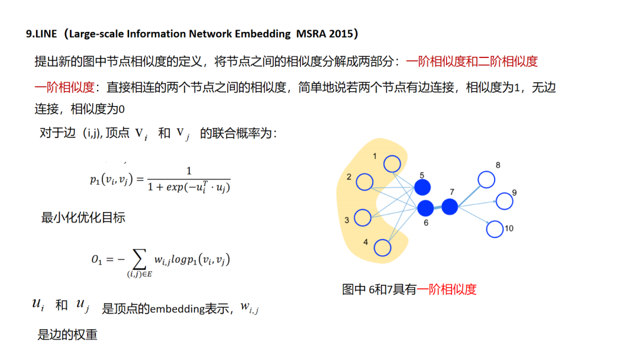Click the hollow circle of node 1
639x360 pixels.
click(392, 163)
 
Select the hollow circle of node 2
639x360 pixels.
click(365, 182)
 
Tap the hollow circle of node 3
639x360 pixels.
click(362, 217)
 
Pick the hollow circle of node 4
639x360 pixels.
click(383, 247)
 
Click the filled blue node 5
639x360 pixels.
click(422, 188)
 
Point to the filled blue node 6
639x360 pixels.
click(425, 208)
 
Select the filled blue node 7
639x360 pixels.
click(450, 207)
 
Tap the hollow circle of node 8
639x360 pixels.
click(486, 179)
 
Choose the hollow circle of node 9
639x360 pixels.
click(504, 201)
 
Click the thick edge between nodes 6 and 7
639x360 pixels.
click(438, 207)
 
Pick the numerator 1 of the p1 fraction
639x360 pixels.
click(189, 171)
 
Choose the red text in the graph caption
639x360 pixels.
click(447, 289)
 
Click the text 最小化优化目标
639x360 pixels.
click(83, 217)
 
